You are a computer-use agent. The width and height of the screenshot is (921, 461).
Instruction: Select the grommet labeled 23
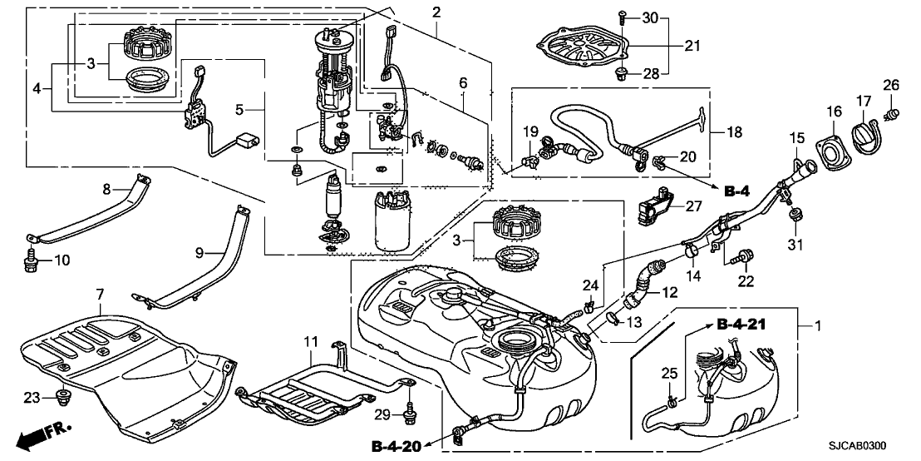click(61, 397)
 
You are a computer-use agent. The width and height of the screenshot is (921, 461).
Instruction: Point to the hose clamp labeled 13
click(613, 319)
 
